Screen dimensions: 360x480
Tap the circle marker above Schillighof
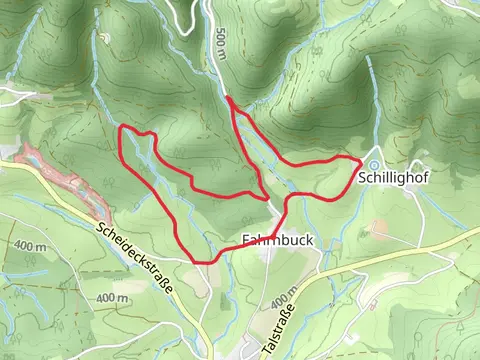(373, 164)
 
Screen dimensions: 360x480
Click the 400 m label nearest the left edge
(31, 246)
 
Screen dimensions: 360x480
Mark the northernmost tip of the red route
(229, 98)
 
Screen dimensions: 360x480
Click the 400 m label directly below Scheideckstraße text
(112, 298)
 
